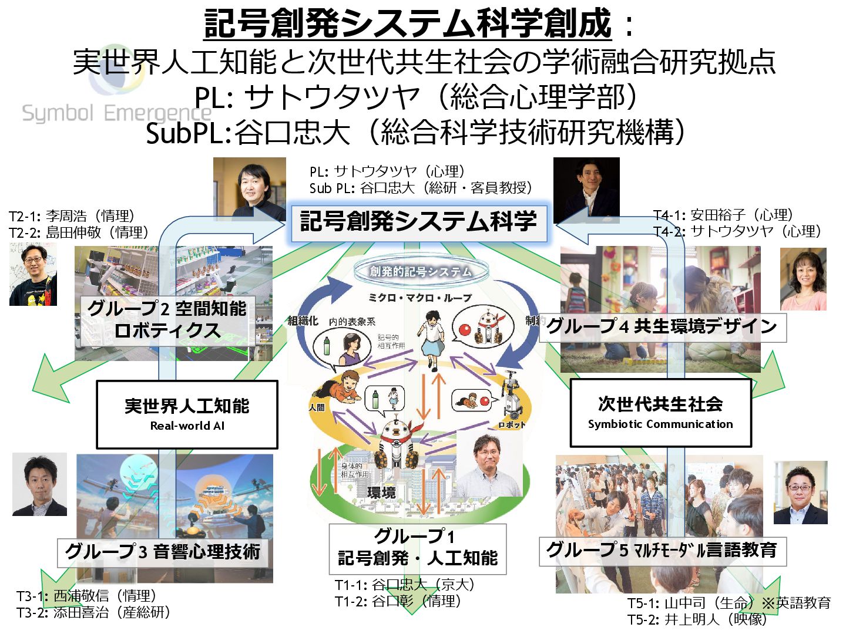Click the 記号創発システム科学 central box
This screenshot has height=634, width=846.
(x=418, y=222)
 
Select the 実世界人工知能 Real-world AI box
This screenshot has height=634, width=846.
(x=187, y=414)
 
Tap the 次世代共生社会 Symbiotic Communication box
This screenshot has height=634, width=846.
(x=660, y=413)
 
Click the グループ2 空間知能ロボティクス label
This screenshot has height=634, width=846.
(x=167, y=320)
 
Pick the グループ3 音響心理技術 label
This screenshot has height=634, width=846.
(x=163, y=552)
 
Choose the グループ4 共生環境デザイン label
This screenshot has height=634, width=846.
(x=662, y=326)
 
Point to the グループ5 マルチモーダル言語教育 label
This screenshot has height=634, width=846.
(x=662, y=551)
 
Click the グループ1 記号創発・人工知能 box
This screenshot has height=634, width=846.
(x=417, y=548)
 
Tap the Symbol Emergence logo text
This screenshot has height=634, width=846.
(x=116, y=113)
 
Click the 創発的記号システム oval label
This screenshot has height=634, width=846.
(x=421, y=271)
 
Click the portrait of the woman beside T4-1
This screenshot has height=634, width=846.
(x=803, y=279)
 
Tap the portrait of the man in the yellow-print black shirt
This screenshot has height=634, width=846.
(x=33, y=275)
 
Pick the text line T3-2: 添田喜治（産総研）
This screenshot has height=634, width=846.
(x=94, y=612)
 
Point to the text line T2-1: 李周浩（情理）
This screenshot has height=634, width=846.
(x=72, y=216)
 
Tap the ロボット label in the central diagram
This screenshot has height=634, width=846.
(x=512, y=424)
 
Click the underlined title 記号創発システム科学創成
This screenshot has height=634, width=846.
(x=408, y=23)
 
